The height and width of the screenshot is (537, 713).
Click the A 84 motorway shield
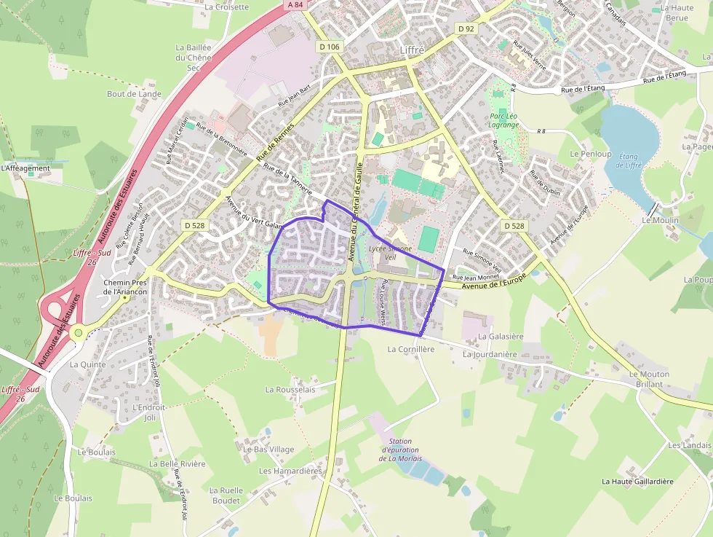click(295, 4)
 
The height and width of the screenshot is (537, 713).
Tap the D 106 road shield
click(330, 47)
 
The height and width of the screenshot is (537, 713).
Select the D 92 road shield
click(466, 28)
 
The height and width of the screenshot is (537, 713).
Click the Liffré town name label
click(412, 49)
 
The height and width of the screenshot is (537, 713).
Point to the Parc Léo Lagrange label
click(504, 120)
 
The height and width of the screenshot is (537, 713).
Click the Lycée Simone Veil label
click(390, 253)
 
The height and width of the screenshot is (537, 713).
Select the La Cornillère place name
click(411, 349)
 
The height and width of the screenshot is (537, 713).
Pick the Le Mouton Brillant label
click(649, 379)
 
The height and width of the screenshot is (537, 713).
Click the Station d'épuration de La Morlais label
click(402, 450)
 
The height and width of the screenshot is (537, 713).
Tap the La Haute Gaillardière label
click(637, 481)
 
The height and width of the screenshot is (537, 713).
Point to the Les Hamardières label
click(290, 471)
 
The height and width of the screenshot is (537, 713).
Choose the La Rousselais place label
click(290, 390)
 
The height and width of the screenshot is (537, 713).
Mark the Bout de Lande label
click(134, 94)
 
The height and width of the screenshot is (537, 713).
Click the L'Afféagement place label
click(25, 168)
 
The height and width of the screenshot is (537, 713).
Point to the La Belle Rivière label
click(178, 463)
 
